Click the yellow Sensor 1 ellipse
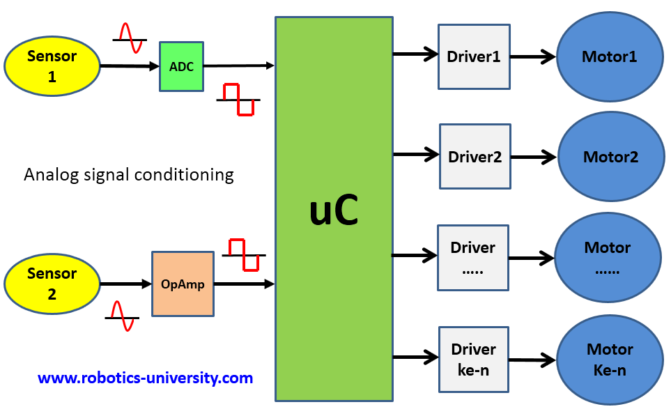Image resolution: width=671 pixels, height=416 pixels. point(52,66)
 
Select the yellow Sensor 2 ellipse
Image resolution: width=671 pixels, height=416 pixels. point(52,284)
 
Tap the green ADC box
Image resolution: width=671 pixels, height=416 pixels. point(181,67)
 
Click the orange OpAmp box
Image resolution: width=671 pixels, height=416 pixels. point(183,284)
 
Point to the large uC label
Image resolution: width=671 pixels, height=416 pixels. point(334,211)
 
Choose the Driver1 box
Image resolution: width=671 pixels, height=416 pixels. point(474,57)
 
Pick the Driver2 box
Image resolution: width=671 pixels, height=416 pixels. point(475,157)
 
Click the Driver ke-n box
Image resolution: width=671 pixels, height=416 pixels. point(473,360)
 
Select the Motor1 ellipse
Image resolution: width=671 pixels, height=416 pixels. point(609,57)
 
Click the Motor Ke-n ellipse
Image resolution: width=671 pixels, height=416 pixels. point(609,360)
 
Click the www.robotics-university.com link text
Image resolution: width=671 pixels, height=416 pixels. point(145,378)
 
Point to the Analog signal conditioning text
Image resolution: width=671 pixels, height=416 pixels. point(129,174)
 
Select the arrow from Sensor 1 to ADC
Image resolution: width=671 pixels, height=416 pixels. point(130,67)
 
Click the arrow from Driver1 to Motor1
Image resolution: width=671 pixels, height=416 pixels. point(532,57)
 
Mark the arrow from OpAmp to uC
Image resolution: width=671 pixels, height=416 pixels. point(244,284)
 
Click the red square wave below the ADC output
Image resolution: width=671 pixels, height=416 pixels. point(238,100)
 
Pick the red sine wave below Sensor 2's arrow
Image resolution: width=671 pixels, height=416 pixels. point(123,316)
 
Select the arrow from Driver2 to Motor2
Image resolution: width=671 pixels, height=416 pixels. point(534,157)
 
